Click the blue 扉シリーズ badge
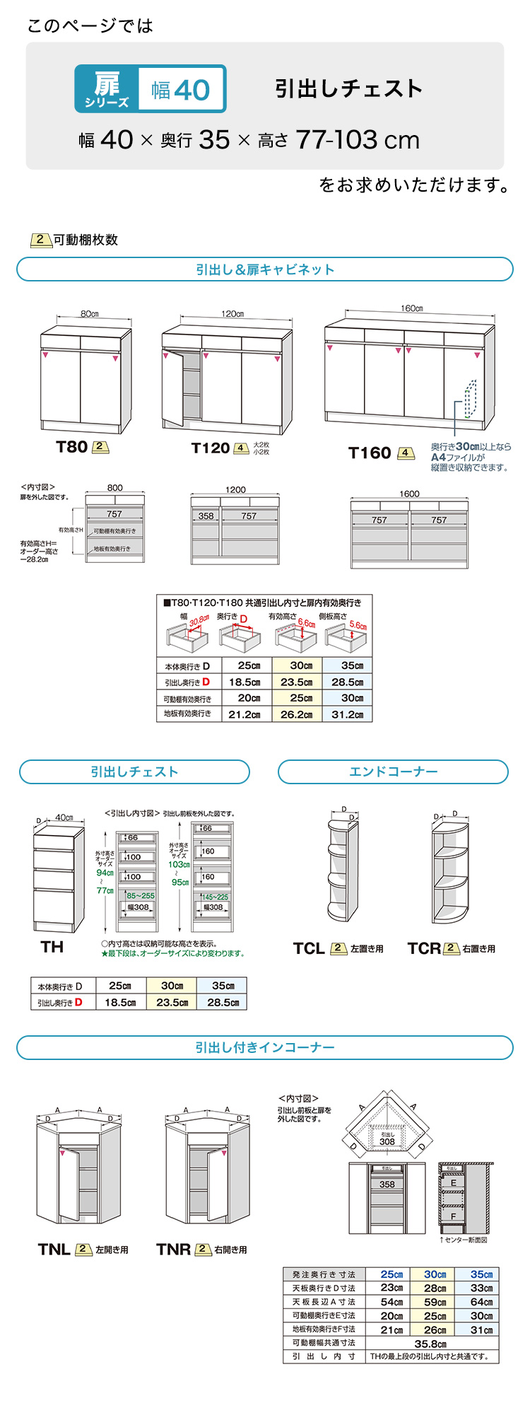coord(107,89)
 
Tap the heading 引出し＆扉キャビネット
coord(265,269)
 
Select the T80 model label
coord(72,447)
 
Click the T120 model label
coord(211,448)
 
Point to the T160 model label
coord(370,453)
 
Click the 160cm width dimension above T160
coord(411,309)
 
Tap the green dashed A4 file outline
coord(471,400)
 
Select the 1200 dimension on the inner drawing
coord(235,489)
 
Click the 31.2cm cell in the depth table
coord(348,714)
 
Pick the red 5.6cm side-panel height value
coord(358,626)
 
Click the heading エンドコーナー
coord(393,772)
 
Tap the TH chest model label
coord(52,947)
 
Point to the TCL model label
coord(309,948)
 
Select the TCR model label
coord(423,948)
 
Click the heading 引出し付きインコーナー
coord(265,1047)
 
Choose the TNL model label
coord(54,1250)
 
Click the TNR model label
coord(174,1250)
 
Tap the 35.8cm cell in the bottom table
coord(430,1344)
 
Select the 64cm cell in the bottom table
coord(481,1302)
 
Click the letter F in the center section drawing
coord(453,1217)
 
